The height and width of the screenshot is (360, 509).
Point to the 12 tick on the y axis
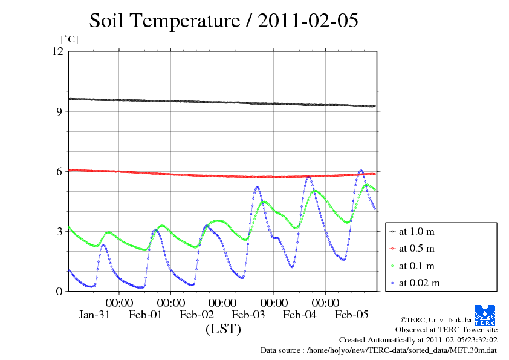pos(57,51)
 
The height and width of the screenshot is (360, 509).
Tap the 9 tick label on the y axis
pos(59,111)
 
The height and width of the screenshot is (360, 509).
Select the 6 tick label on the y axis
pos(59,171)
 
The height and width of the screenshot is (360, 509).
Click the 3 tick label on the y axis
pos(59,231)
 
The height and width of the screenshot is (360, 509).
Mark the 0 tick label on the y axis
pos(59,291)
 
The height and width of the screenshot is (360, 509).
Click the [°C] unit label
pos(70,39)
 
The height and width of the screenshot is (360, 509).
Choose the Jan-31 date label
pos(94,315)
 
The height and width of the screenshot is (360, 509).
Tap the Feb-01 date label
pos(146,315)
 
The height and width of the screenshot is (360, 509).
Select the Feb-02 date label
pos(197,315)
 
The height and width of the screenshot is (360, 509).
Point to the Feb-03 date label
pos(248,315)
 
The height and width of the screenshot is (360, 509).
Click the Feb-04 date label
pos(300,315)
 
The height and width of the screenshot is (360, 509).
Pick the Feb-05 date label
pos(351,315)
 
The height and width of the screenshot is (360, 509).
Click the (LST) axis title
pos(223,330)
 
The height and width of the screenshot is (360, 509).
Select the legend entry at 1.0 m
pos(417,231)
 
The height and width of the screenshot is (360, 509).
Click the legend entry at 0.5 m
pos(417,248)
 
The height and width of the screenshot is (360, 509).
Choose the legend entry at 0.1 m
pos(417,266)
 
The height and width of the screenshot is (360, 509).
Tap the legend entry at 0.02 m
pos(419,283)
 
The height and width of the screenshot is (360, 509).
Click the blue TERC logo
pos(485,313)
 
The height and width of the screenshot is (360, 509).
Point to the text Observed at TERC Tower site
pos(446,330)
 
